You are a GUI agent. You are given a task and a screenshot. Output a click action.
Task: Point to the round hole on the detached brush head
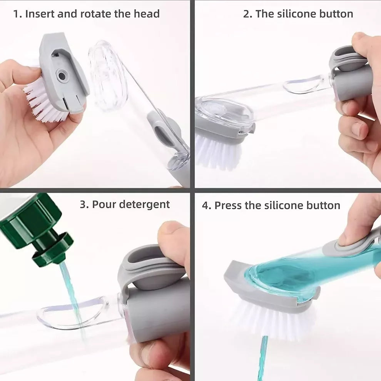(x=62, y=76)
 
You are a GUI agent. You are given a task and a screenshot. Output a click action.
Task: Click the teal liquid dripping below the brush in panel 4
(x=264, y=358)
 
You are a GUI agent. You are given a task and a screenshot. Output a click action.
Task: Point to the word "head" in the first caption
(x=147, y=14)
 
